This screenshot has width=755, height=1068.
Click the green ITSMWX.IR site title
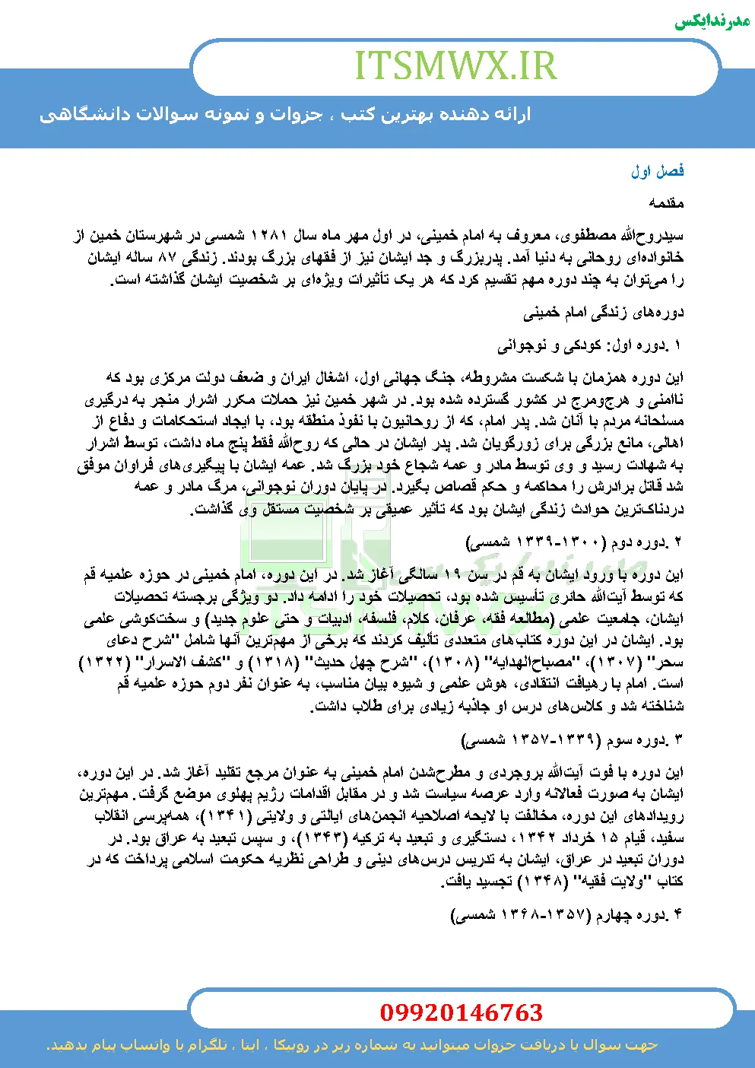click(x=455, y=66)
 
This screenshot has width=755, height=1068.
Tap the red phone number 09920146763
click(x=462, y=1012)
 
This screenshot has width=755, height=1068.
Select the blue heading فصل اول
click(x=657, y=171)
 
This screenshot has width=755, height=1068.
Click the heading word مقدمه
click(x=667, y=203)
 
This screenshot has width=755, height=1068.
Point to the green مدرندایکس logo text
click(x=712, y=21)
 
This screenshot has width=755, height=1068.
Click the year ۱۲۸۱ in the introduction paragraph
click(x=267, y=236)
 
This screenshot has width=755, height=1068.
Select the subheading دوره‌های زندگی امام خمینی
click(x=604, y=313)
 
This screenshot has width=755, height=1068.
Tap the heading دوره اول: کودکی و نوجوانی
click(x=590, y=346)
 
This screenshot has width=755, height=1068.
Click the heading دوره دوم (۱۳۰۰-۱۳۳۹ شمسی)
click(x=575, y=542)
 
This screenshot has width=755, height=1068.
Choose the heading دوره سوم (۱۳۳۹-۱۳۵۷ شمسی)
click(x=573, y=739)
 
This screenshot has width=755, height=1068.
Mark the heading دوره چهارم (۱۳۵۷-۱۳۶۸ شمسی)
click(x=567, y=914)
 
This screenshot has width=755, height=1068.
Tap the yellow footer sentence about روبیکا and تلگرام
click(x=353, y=1046)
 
